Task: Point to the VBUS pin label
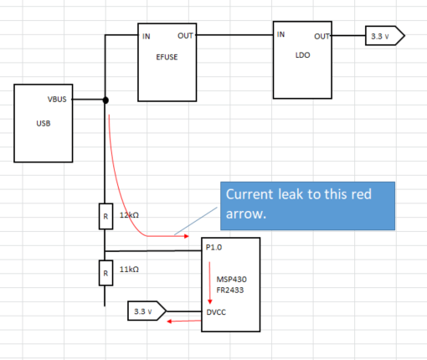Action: (59, 100)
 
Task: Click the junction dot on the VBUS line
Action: (105, 100)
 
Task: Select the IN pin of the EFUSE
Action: (147, 36)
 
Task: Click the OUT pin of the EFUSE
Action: (186, 36)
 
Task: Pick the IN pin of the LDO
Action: (281, 34)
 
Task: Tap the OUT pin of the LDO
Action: (322, 36)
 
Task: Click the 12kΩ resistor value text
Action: (130, 215)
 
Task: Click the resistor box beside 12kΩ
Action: (105, 216)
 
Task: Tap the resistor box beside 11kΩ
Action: (105, 272)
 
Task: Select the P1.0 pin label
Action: (213, 249)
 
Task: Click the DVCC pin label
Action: (216, 311)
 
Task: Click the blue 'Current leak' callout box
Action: (305, 206)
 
